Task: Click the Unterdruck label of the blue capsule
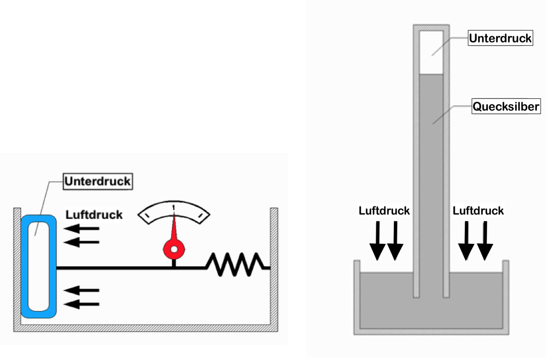coord(98,181)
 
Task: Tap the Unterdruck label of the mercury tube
coord(500,38)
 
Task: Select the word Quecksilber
coord(506,107)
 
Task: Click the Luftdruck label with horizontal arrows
coord(94,215)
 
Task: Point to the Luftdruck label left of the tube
coord(384,210)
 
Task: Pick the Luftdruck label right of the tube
coord(478,210)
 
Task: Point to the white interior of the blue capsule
coord(38,264)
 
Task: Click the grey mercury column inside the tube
coord(431,175)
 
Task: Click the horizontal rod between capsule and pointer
coord(115,268)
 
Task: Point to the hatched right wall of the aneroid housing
coord(274,264)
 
